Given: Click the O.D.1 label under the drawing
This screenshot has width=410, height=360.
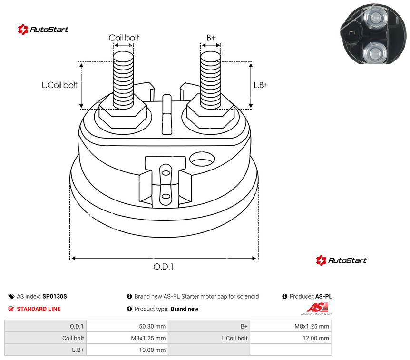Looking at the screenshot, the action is click(164, 267).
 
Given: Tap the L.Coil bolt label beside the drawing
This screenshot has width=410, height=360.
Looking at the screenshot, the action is click(59, 85).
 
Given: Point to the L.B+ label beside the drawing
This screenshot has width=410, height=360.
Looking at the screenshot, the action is click(261, 85).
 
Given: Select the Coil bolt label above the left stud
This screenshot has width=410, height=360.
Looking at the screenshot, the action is click(124, 38).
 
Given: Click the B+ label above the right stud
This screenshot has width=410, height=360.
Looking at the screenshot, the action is click(211, 38).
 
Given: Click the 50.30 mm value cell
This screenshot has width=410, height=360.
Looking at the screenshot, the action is click(152, 326).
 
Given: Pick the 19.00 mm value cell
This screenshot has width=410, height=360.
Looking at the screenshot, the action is click(152, 350).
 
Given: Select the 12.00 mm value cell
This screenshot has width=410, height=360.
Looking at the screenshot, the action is click(316, 338).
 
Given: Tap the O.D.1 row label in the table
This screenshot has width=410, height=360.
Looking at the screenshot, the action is click(77, 326).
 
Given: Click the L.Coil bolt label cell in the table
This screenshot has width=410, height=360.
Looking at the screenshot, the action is click(234, 338).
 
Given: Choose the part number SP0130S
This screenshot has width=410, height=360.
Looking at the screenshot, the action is click(55, 296).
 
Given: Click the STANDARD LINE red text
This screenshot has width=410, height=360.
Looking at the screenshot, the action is click(39, 309).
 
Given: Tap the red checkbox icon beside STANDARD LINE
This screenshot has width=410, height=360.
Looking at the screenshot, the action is click(11, 309).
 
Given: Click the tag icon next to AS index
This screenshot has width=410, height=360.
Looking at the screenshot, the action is click(11, 296).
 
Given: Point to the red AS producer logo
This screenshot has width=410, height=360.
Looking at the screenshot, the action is click(317, 309).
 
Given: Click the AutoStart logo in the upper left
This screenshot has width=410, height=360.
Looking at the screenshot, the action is click(43, 30).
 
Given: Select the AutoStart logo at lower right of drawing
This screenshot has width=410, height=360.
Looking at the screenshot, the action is click(341, 260).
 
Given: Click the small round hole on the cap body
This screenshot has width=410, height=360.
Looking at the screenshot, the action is click(202, 159).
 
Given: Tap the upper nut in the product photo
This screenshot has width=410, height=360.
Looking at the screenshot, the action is click(375, 18).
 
